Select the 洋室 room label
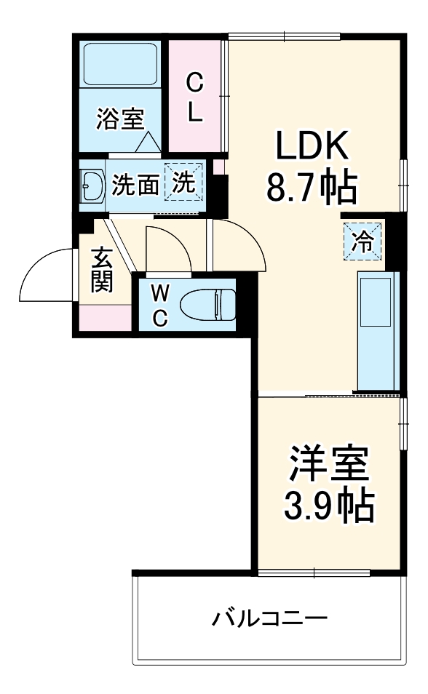tap(328, 464)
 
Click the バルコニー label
tap(269, 620)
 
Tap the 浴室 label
tap(120, 119)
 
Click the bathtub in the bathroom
tap(121, 65)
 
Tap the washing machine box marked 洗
tap(183, 183)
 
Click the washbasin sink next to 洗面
tap(92, 186)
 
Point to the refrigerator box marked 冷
tap(362, 242)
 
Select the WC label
tap(159, 305)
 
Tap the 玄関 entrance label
tap(101, 271)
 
